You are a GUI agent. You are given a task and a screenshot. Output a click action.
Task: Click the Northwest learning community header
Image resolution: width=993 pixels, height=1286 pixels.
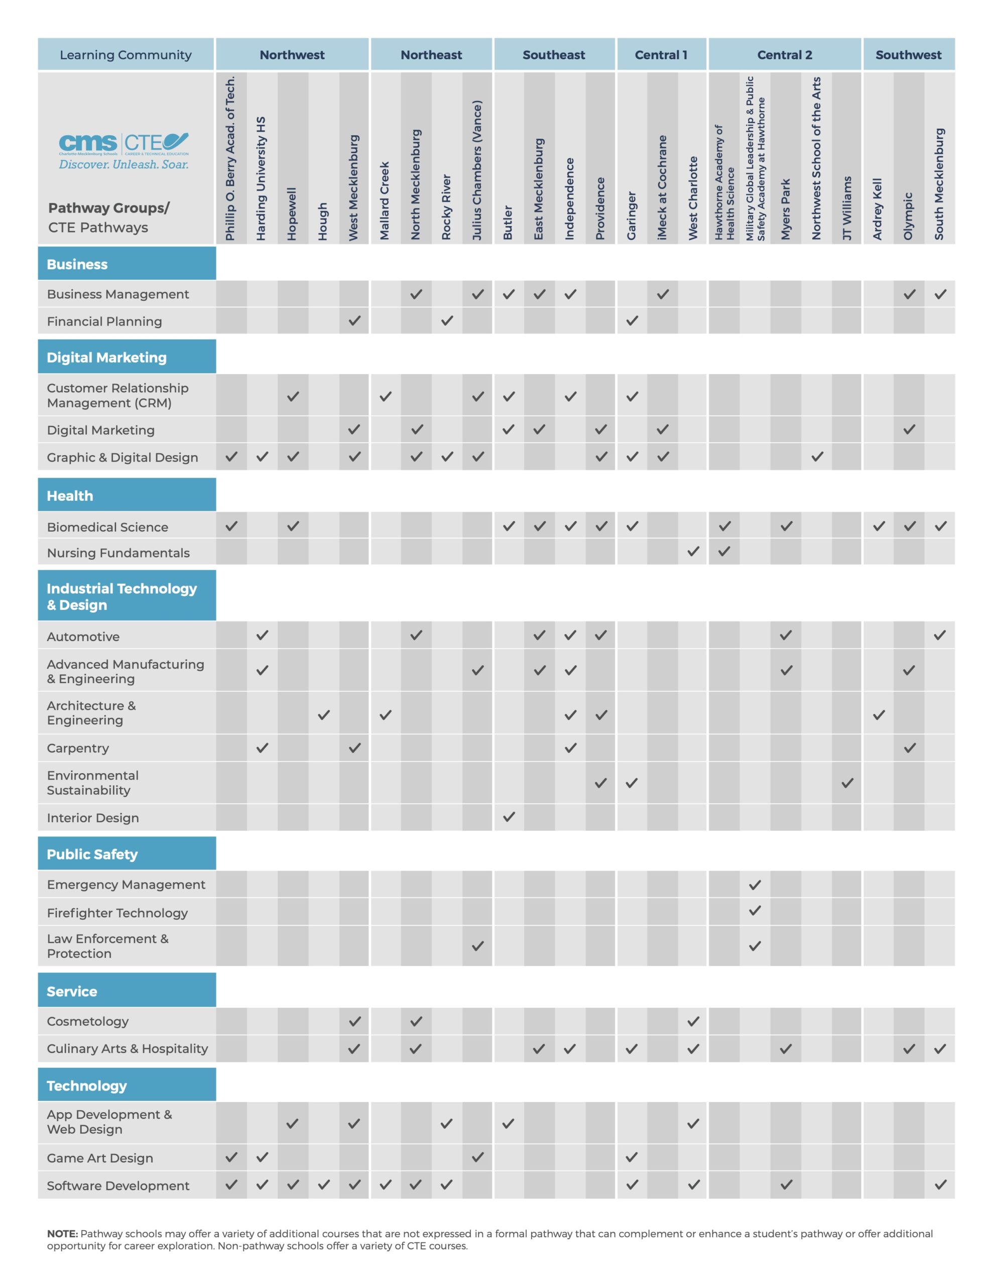tap(292, 55)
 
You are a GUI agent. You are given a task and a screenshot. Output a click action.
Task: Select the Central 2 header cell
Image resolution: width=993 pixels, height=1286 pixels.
tap(784, 55)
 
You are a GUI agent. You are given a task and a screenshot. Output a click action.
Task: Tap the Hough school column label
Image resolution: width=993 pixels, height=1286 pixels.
tap(323, 222)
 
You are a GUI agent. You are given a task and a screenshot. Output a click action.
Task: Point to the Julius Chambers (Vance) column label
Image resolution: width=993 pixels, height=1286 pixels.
tap(477, 170)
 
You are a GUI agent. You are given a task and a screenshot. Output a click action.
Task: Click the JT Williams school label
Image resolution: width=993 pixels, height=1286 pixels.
tap(846, 208)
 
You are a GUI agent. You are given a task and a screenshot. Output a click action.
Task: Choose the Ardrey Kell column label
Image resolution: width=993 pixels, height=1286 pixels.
tap(877, 208)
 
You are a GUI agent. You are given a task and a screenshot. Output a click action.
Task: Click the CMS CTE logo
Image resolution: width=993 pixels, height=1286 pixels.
tap(123, 151)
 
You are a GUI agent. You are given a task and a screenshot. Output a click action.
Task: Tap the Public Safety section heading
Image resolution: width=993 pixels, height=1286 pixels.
tap(92, 854)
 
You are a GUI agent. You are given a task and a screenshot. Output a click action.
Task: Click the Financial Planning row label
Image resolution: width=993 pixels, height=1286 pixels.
tap(104, 321)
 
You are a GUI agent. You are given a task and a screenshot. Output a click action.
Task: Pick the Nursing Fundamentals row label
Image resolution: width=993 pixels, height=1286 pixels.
tap(118, 553)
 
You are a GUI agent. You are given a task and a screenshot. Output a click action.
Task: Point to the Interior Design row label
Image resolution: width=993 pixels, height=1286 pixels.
tap(93, 818)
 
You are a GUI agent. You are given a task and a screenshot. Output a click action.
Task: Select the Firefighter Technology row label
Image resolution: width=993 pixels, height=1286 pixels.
tap(117, 913)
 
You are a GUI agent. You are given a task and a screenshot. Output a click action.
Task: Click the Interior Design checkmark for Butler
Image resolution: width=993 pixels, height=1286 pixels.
tap(509, 817)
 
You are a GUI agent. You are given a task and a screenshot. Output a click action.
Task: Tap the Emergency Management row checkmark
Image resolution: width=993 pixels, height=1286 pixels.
tap(755, 885)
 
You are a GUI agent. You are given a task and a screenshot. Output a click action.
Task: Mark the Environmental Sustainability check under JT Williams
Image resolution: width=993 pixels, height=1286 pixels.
tap(847, 783)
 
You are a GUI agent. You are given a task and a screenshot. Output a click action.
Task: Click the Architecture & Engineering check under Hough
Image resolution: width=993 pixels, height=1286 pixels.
tap(324, 715)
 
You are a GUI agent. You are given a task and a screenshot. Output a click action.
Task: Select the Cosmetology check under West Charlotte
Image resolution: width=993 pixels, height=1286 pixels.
tap(693, 1022)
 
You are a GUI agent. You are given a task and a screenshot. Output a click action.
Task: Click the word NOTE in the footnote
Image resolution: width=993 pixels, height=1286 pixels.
tap(62, 1234)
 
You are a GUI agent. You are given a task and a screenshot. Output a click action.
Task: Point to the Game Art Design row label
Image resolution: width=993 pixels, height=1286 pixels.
tap(100, 1158)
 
